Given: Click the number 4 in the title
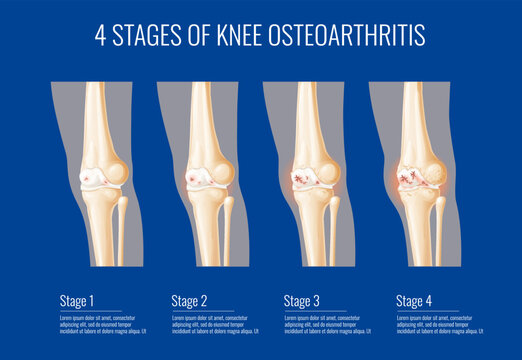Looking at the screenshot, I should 101,36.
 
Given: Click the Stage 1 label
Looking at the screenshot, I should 78,300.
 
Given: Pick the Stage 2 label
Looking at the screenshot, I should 189,300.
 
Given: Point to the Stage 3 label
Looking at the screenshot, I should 303,300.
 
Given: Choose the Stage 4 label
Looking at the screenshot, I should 415,300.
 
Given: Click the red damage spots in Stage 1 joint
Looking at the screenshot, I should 92,178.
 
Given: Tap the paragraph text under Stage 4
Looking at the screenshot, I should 440,324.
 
